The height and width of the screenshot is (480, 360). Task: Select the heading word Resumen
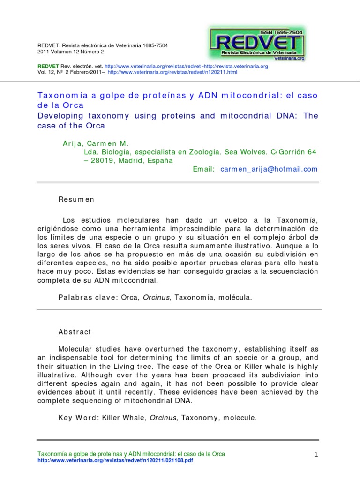tap(76, 199)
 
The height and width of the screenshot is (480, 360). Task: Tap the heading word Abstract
tap(75, 331)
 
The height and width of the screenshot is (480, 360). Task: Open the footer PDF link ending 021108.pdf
tap(115, 461)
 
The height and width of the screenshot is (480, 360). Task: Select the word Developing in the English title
tap(60, 115)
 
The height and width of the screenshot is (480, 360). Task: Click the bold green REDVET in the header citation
tap(46, 67)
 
